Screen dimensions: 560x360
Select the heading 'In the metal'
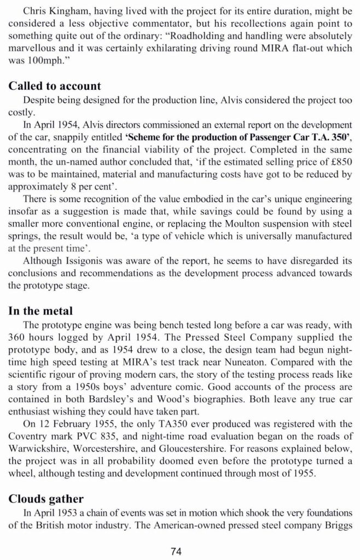40,311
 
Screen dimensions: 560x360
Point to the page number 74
176,551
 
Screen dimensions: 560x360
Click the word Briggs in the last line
334,525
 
